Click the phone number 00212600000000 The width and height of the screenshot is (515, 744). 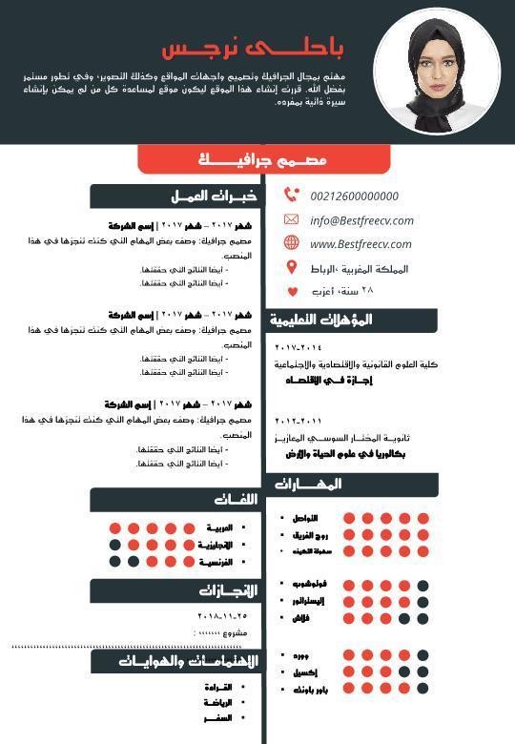[355, 196]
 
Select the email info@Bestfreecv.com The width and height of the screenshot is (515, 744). [361, 220]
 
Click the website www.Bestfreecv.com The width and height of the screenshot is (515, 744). [360, 244]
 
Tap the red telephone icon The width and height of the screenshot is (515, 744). [291, 196]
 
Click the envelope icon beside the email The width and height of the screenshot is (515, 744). [291, 220]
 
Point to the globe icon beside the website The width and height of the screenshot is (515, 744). [291, 244]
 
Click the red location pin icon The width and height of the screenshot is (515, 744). [291, 268]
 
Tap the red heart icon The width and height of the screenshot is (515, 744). [291, 292]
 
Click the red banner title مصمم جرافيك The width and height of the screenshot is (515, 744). [262, 159]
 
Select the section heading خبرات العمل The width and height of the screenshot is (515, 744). [214, 196]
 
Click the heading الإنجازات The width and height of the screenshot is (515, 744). [228, 590]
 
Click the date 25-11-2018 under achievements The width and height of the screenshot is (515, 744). [221, 616]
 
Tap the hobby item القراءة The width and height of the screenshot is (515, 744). [218, 687]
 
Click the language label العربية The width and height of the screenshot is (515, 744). [219, 527]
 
